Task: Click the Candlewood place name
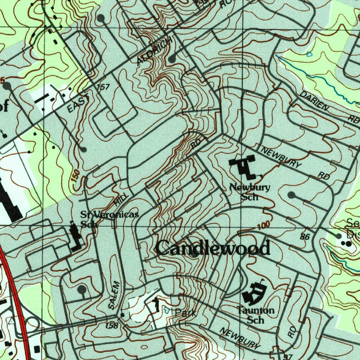coord(213,248)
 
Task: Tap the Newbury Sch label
coord(250,192)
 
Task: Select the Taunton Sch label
coord(255,315)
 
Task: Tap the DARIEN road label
coord(315,102)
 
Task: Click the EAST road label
coord(78,105)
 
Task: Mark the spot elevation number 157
coord(103,87)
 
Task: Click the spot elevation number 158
coord(111,326)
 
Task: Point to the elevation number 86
coord(305,237)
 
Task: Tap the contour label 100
coord(263,226)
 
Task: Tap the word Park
coord(185,313)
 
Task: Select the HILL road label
coord(120,201)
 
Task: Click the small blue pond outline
coord(309,54)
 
